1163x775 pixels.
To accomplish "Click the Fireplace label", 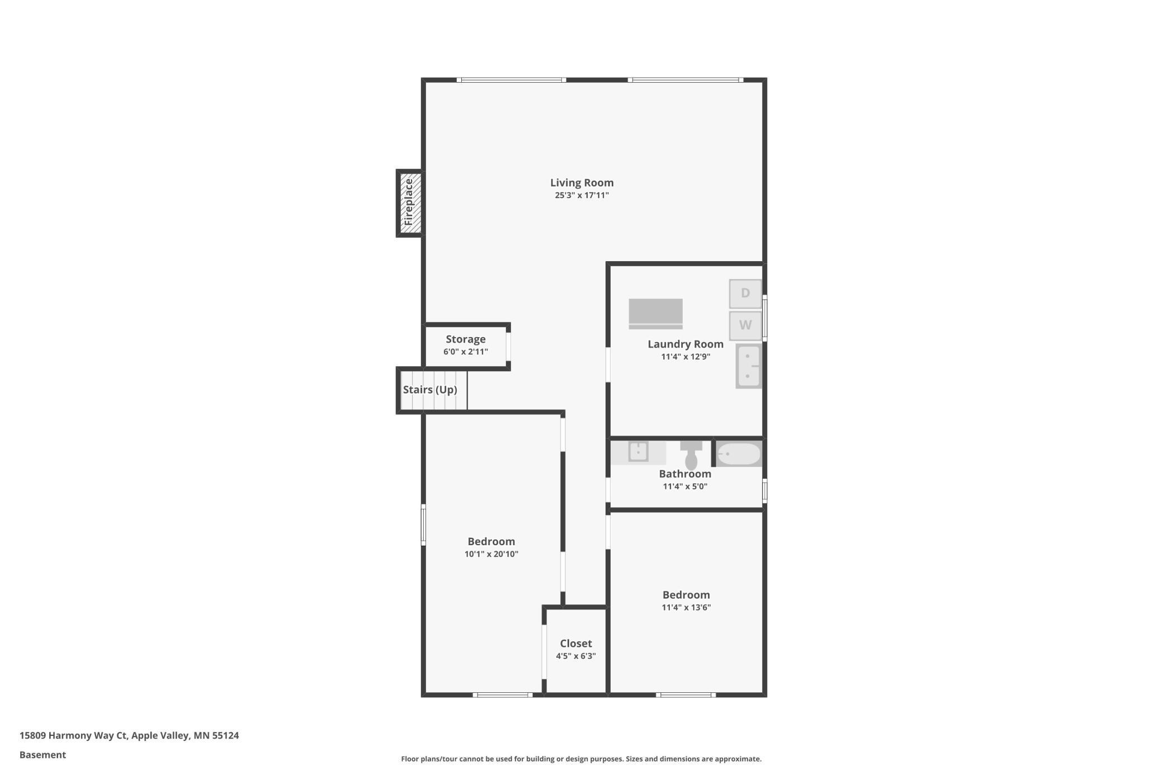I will point(409,202).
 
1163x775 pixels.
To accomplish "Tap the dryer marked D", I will point(745,294).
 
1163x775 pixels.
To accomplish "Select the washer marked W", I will point(745,325).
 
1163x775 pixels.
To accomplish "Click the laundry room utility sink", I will point(748,366).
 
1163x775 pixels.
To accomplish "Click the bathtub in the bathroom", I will point(739,454).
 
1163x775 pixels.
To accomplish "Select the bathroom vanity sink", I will point(638,451).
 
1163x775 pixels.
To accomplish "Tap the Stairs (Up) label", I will point(430,390).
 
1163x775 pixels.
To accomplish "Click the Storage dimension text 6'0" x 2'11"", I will point(465,352).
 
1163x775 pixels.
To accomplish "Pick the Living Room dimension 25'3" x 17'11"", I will point(581,195).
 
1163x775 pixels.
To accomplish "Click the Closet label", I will point(575,644).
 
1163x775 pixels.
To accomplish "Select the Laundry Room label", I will point(685,344).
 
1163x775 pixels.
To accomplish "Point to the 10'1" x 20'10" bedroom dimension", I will point(491,554).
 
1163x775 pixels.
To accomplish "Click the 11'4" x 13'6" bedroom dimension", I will point(685,608).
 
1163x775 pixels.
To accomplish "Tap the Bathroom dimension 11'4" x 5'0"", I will point(685,486).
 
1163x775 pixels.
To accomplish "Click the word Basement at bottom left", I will point(42,755).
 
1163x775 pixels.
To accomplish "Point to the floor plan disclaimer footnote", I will point(581,759).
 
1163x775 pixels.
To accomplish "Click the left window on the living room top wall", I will point(512,80).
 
